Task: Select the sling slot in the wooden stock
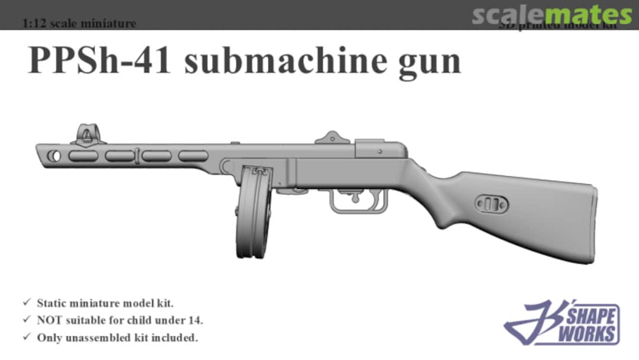(490, 205)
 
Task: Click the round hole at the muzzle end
(56, 156)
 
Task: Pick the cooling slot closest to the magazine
(193, 156)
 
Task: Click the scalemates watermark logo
(551, 14)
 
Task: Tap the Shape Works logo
(561, 323)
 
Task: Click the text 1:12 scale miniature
(79, 24)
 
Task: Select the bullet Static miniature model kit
(105, 304)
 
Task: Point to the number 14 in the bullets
(196, 321)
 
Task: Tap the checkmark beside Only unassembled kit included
(27, 337)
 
